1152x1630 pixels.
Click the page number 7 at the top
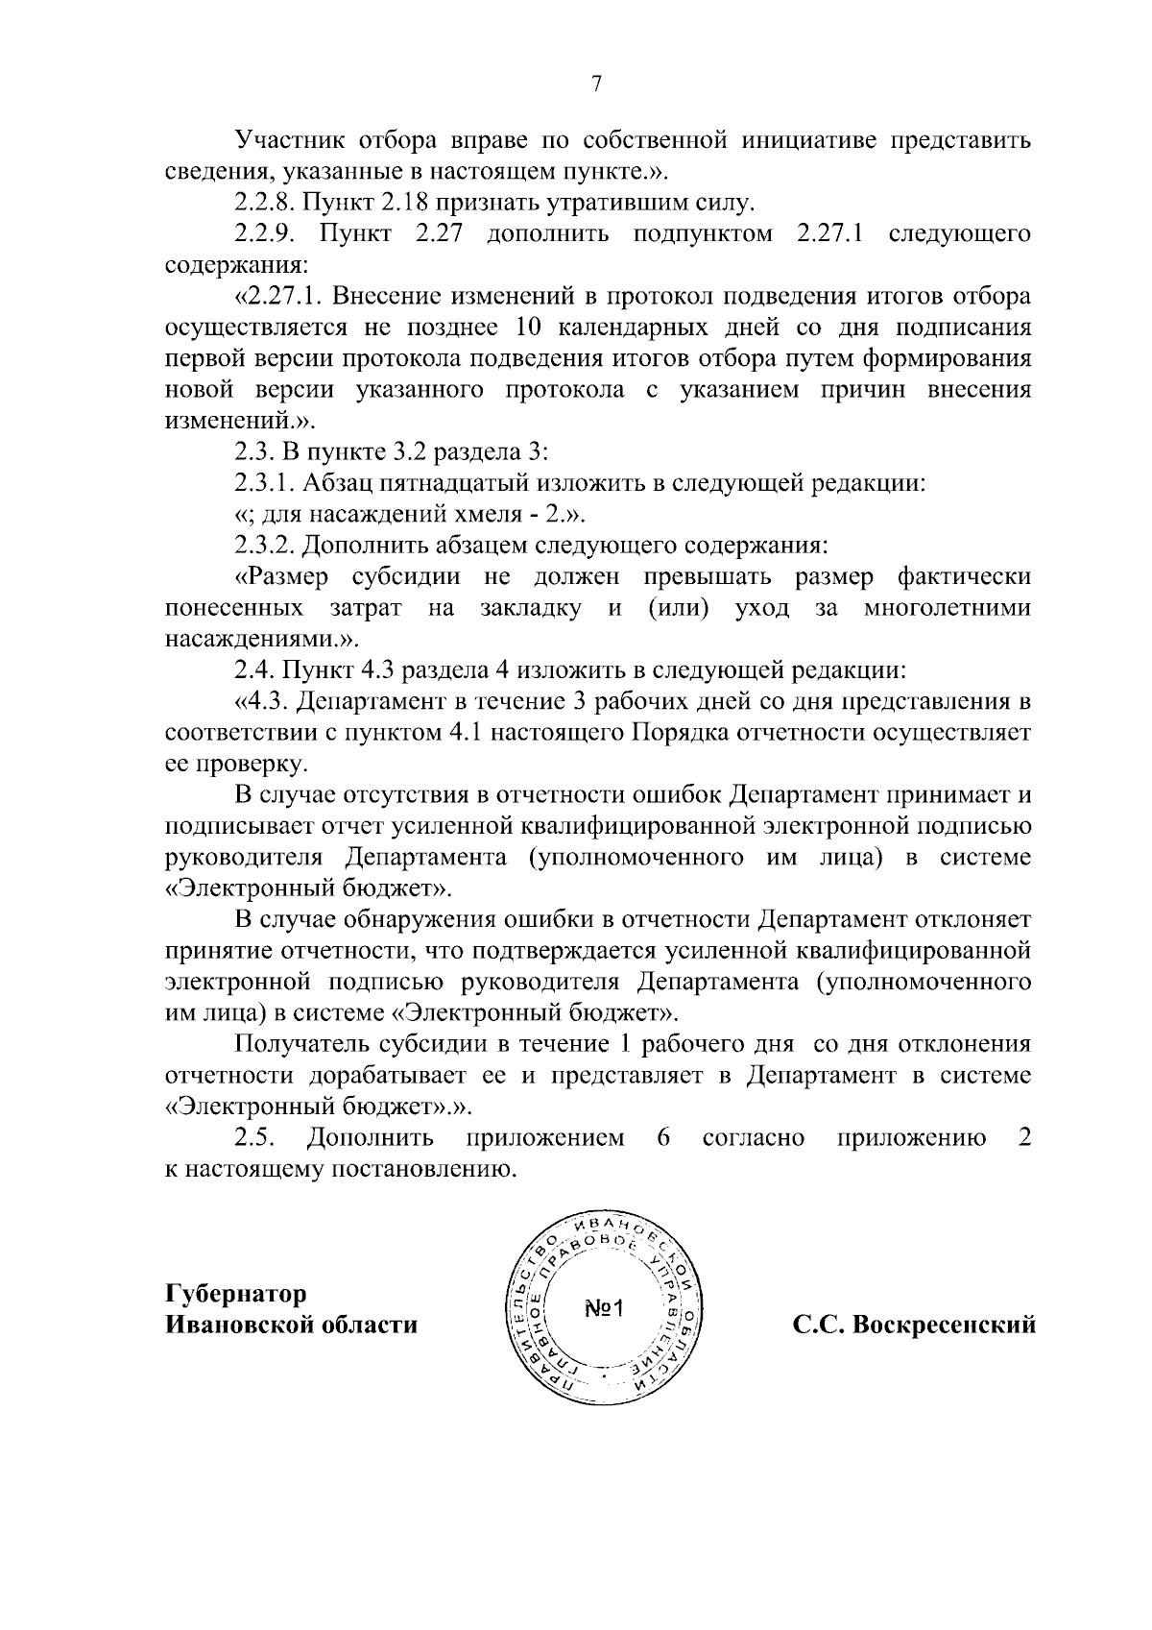tap(595, 85)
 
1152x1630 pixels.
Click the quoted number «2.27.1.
tap(278, 296)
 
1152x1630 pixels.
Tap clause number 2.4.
tap(254, 669)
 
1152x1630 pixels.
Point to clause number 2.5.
tap(256, 1138)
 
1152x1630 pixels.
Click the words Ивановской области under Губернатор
tap(292, 1325)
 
